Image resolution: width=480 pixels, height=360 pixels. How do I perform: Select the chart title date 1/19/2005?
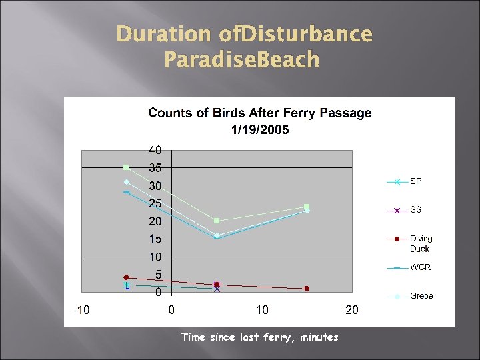pyautogui.click(x=260, y=130)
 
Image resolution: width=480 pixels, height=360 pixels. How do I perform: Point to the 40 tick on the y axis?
pyautogui.click(x=155, y=149)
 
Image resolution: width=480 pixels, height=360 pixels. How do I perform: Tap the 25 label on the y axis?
pyautogui.click(x=155, y=203)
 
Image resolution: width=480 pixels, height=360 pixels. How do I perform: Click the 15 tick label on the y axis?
pyautogui.click(x=155, y=239)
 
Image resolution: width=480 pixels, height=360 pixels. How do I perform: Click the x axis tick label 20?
pyautogui.click(x=352, y=310)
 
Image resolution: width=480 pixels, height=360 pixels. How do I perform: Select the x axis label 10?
pyautogui.click(x=262, y=310)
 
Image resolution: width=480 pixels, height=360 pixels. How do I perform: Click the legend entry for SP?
pyautogui.click(x=415, y=181)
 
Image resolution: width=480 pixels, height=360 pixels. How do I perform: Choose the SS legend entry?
pyautogui.click(x=415, y=210)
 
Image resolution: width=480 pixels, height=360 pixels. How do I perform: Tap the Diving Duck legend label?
pyautogui.click(x=421, y=243)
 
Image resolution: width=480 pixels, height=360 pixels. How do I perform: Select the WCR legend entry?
pyautogui.click(x=420, y=267)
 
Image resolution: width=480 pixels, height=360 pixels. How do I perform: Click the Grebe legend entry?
pyautogui.click(x=421, y=296)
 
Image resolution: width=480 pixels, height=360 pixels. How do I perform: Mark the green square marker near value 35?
pyautogui.click(x=126, y=167)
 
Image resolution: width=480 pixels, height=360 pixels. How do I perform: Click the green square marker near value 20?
pyautogui.click(x=217, y=221)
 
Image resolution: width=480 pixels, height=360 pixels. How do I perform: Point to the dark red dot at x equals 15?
pyautogui.click(x=307, y=289)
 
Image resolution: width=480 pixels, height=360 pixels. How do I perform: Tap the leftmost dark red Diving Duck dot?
pyautogui.click(x=126, y=277)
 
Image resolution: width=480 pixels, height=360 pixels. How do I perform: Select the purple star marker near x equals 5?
pyautogui.click(x=217, y=289)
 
